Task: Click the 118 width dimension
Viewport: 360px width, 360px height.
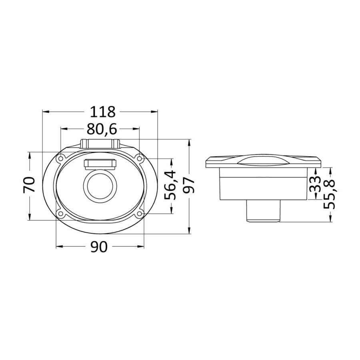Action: click(102, 112)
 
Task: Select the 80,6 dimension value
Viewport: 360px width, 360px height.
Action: click(102, 129)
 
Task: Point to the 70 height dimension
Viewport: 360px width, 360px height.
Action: click(29, 184)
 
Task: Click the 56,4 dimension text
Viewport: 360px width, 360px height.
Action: click(170, 185)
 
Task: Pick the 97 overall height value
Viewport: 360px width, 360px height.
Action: click(189, 186)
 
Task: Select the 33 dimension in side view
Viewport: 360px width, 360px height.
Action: click(315, 184)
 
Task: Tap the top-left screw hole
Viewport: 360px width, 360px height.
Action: click(61, 158)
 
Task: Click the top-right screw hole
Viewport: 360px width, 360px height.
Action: click(139, 158)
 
